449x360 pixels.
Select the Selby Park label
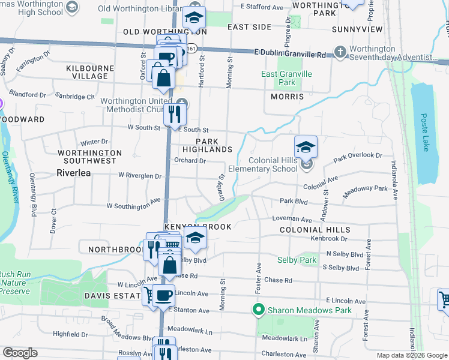297,260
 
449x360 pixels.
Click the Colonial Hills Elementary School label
273,164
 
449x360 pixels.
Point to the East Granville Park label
287,78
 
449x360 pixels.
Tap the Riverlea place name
74,172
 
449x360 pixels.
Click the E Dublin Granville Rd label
290,54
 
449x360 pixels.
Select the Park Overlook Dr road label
358,156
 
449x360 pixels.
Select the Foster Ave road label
259,277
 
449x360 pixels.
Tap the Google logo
20,353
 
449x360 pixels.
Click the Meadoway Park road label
365,191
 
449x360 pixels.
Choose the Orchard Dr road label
190,161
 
